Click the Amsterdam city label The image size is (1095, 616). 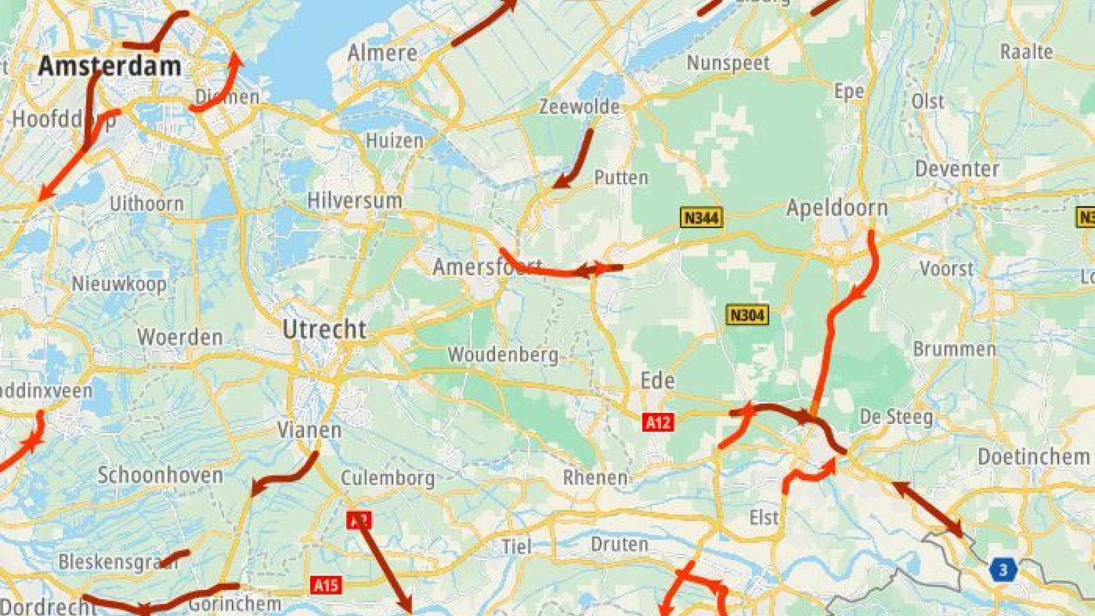(109, 66)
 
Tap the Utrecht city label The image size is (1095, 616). (325, 330)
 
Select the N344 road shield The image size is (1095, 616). (701, 217)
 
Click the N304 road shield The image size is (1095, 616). (747, 315)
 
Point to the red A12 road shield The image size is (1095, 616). (658, 422)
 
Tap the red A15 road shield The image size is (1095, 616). (326, 585)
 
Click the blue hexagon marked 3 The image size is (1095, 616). (1003, 570)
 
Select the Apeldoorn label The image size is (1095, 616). (837, 208)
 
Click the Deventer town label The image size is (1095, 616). (957, 169)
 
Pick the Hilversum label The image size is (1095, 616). (354, 201)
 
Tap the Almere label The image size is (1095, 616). (382, 53)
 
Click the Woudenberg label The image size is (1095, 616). (502, 355)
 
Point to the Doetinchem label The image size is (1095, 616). (1033, 457)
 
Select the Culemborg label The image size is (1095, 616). (387, 477)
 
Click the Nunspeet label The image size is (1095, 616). (728, 63)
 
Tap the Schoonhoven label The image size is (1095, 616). (160, 475)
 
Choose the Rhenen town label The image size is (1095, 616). (595, 477)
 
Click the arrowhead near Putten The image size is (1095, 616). (561, 183)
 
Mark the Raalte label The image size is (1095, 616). (1026, 52)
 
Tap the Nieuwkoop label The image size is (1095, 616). (119, 283)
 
